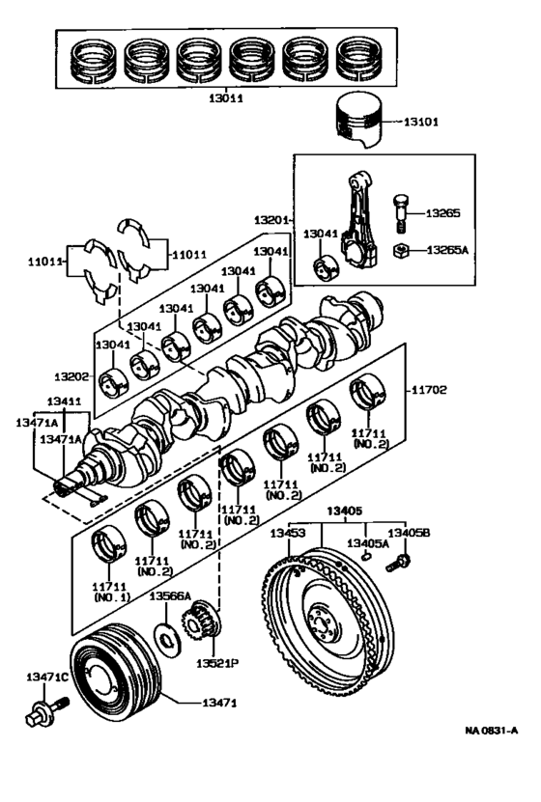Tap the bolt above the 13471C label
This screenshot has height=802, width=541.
[41, 716]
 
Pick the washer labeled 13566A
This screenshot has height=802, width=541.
[166, 638]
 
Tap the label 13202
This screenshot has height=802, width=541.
[73, 374]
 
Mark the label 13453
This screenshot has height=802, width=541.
[288, 533]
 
